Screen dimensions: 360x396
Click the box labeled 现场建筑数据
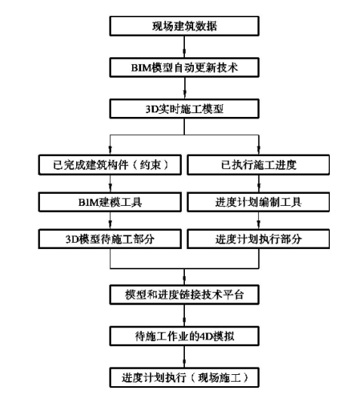pos(184,26)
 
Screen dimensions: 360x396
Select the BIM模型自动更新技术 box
pos(184,67)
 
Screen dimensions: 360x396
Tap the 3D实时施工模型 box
pos(184,109)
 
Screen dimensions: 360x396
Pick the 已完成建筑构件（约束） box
pos(110,165)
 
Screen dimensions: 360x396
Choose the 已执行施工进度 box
pos(258,165)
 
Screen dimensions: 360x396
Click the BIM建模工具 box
pos(110,202)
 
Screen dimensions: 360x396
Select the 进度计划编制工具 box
pos(258,202)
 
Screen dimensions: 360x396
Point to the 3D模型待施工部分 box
pos(110,239)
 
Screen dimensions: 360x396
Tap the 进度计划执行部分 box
pos(258,239)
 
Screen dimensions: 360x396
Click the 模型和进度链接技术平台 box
pos(184,295)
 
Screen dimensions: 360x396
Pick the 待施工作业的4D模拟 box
pos(184,336)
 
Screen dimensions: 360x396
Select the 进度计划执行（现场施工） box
pos(184,378)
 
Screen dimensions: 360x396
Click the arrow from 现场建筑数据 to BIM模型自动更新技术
pos(184,47)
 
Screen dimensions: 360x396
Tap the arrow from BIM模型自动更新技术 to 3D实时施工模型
pos(184,88)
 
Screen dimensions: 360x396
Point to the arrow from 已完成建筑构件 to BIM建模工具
pos(110,183)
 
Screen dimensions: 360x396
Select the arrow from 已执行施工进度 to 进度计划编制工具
pos(258,183)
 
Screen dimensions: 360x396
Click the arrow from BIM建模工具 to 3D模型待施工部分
pos(110,220)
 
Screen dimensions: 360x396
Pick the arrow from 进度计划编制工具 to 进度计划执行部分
pos(258,220)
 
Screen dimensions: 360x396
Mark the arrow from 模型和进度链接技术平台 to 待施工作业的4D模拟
pos(184,315)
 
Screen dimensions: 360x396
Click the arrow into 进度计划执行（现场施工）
pos(184,357)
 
